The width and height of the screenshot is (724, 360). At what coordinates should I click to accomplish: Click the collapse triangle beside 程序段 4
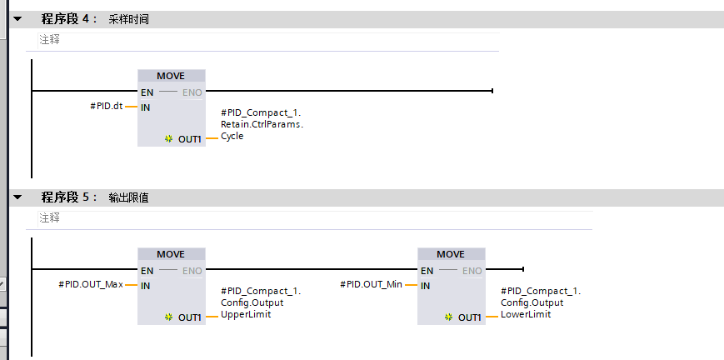[x=17, y=19]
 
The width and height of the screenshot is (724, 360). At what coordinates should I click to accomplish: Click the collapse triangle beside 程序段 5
[x=17, y=197]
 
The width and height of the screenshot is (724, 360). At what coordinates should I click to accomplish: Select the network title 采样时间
[x=129, y=19]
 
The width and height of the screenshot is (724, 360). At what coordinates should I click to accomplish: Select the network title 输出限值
[x=129, y=197]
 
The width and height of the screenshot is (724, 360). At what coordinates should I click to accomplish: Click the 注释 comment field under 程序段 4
[x=268, y=40]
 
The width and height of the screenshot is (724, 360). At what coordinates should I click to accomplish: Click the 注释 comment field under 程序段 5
[x=315, y=218]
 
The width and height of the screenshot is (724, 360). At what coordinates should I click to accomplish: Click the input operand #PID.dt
[x=106, y=107]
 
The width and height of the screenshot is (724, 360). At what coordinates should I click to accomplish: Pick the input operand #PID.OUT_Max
[x=91, y=285]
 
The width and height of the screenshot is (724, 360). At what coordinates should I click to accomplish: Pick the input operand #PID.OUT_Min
[x=372, y=285]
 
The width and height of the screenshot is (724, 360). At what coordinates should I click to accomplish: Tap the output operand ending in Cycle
[x=262, y=124]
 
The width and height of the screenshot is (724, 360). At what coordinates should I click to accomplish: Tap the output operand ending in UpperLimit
[x=261, y=302]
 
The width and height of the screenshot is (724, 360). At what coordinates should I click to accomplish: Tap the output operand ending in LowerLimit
[x=541, y=302]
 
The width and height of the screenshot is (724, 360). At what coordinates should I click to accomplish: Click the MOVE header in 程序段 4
[x=171, y=76]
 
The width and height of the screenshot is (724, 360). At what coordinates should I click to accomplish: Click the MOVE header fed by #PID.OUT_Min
[x=451, y=254]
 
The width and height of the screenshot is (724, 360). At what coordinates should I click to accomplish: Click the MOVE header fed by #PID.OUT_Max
[x=171, y=254]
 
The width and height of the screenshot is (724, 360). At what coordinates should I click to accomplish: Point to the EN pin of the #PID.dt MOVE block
[x=147, y=92]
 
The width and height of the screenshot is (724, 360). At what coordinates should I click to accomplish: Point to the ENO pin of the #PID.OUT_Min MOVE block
[x=472, y=271]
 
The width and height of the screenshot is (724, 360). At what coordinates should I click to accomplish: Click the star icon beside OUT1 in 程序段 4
[x=168, y=138]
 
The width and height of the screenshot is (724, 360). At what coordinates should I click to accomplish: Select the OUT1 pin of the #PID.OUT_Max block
[x=190, y=317]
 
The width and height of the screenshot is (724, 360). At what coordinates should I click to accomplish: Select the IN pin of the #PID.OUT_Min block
[x=425, y=286]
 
